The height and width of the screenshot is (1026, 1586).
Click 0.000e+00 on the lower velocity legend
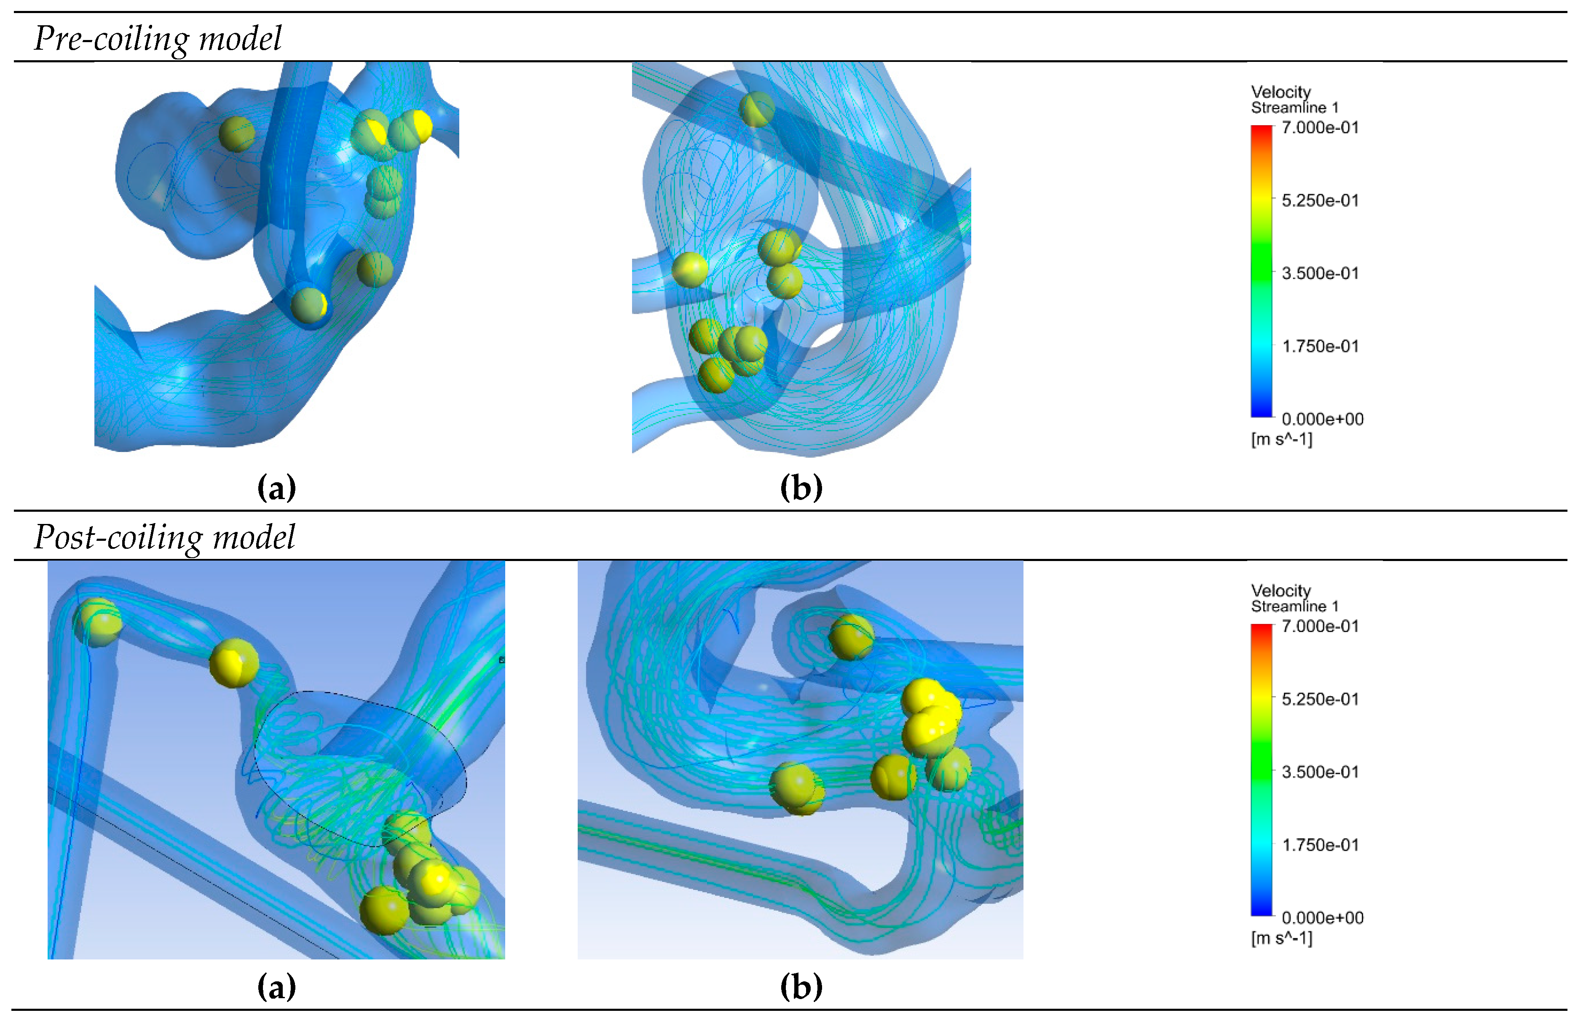(1322, 917)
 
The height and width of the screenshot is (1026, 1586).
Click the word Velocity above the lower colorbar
(1281, 590)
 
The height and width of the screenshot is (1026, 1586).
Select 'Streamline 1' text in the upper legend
(1294, 108)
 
